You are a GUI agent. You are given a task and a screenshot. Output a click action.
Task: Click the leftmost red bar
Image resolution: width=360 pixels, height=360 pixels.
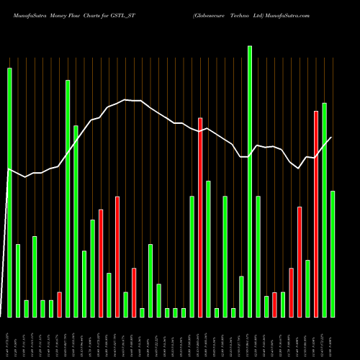click(x=59, y=305)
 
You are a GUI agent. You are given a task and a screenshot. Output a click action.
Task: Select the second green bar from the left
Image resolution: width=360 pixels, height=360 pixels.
click(x=18, y=281)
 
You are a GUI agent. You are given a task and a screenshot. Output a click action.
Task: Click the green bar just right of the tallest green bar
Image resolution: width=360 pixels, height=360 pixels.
click(x=258, y=256)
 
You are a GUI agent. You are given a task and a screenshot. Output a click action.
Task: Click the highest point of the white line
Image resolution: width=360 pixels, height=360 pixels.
click(x=126, y=100)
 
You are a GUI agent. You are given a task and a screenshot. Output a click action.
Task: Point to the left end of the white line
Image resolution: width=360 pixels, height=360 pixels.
click(x=8, y=169)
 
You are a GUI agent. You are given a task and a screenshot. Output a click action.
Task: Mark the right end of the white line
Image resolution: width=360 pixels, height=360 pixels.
click(x=332, y=138)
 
